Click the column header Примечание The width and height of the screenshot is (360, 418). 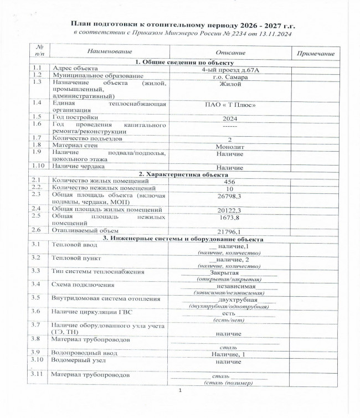click(316, 53)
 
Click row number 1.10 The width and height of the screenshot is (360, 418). click(38, 166)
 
